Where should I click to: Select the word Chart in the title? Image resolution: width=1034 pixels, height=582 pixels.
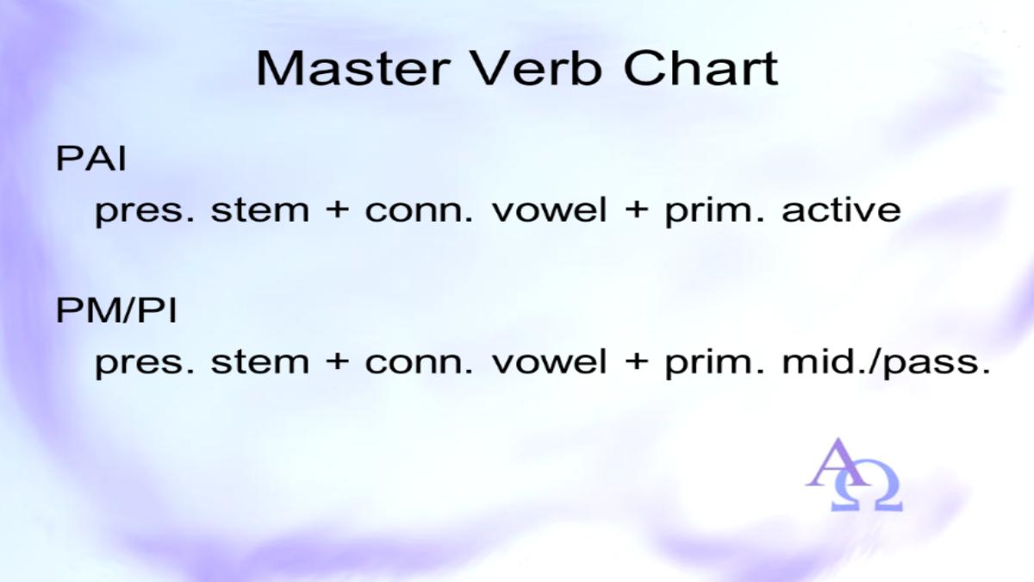(701, 68)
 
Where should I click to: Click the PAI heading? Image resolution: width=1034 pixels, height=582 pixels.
(91, 159)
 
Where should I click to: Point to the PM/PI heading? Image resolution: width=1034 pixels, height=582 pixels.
(116, 310)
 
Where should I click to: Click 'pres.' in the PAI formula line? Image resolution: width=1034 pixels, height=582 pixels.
(145, 212)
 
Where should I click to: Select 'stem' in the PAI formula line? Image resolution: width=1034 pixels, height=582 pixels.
(260, 210)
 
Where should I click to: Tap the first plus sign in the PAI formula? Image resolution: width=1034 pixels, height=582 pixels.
(337, 210)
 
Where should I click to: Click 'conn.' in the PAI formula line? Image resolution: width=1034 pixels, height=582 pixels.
(419, 212)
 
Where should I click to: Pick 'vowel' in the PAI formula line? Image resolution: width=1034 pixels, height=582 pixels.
(549, 210)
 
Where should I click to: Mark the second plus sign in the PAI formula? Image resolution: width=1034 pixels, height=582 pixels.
(635, 210)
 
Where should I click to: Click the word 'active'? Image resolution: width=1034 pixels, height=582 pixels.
(841, 210)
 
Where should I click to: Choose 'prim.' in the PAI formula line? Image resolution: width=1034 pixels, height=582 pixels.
(714, 212)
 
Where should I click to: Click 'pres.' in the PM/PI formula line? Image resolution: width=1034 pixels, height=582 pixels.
(145, 364)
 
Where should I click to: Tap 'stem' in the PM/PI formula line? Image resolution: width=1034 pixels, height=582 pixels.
(260, 361)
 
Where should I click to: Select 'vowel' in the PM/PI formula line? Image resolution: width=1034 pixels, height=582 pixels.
(549, 361)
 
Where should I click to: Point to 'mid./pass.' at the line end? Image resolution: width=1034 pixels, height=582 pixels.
(886, 363)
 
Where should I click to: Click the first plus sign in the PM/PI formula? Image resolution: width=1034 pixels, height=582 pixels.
(337, 362)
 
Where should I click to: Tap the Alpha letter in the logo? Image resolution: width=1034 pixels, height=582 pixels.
(838, 462)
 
